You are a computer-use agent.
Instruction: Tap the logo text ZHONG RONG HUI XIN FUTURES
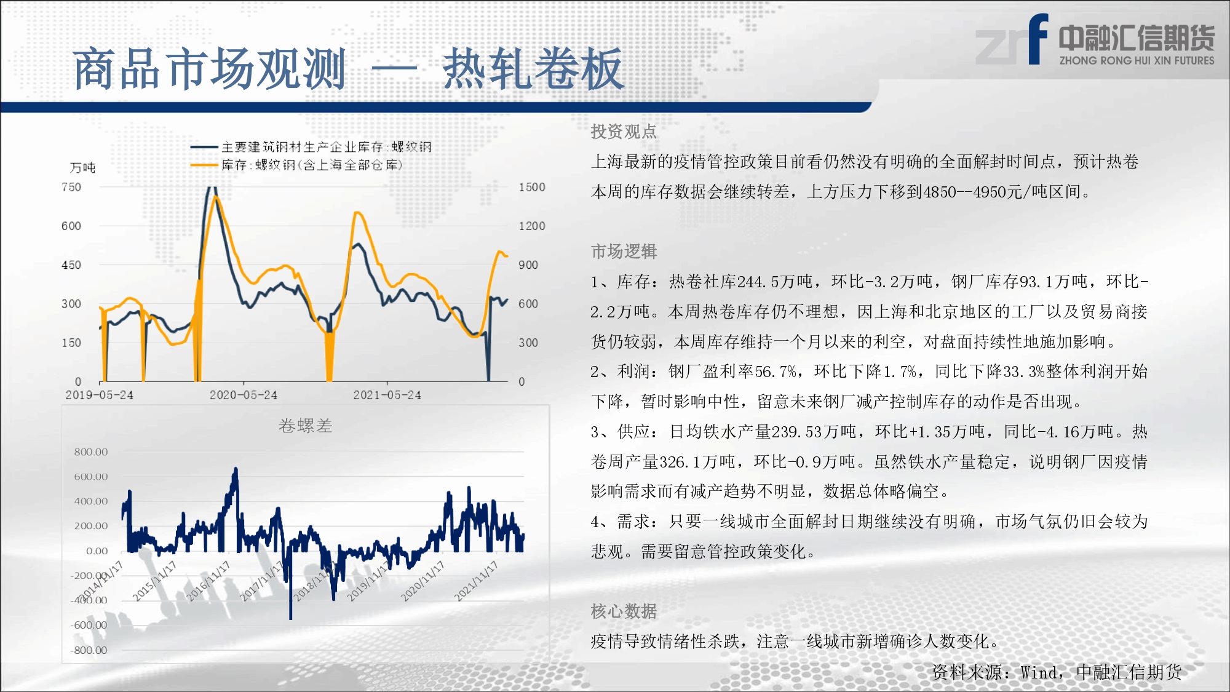click(x=1137, y=60)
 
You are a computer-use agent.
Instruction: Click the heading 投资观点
click(x=624, y=131)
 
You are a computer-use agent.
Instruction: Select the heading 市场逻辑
click(x=624, y=251)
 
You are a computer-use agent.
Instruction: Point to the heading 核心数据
click(x=624, y=611)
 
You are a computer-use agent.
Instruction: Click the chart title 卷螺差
click(x=305, y=426)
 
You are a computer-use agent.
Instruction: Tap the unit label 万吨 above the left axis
click(x=82, y=167)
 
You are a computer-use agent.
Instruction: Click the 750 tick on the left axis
click(x=71, y=187)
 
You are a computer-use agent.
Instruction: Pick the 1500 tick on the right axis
click(x=532, y=187)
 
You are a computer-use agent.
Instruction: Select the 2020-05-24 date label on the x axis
click(x=244, y=395)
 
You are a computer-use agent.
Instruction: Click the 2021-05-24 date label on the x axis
click(x=387, y=395)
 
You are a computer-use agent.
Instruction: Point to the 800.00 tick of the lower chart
click(x=91, y=452)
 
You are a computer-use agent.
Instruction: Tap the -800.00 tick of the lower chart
click(x=89, y=650)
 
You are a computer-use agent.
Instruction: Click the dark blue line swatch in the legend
click(x=204, y=147)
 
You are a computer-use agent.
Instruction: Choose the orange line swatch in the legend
click(x=204, y=165)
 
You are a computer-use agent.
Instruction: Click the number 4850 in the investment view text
click(x=940, y=192)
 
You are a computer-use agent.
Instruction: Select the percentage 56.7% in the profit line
click(x=776, y=372)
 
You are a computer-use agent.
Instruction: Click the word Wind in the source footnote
click(x=1040, y=672)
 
